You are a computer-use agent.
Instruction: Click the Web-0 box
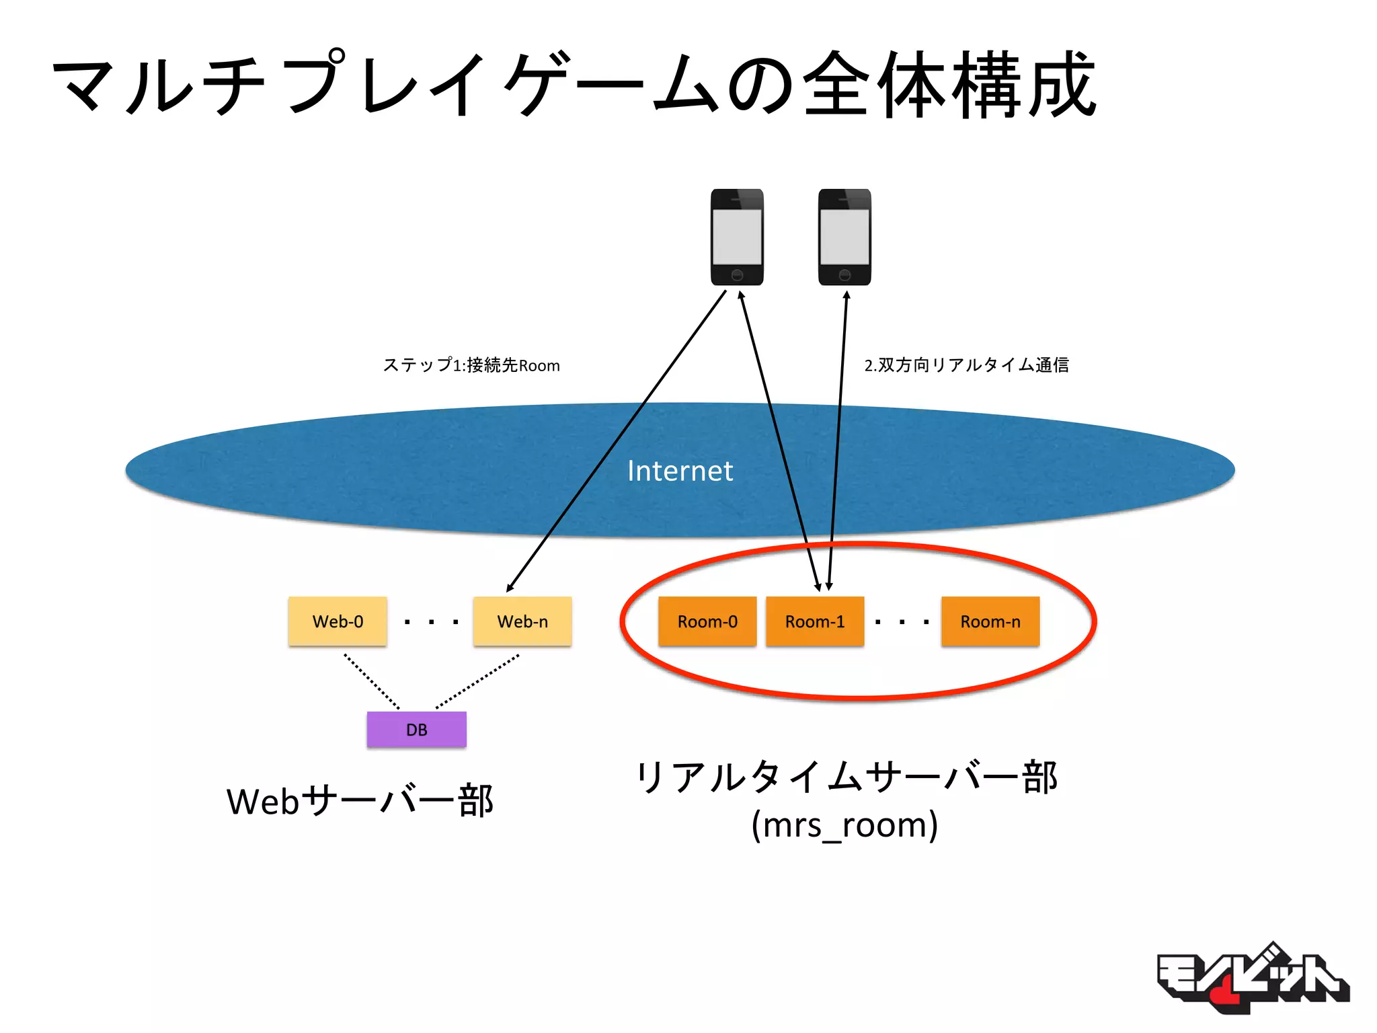click(x=338, y=621)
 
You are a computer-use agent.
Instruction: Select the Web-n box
click(x=522, y=621)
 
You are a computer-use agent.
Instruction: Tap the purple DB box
click(x=416, y=730)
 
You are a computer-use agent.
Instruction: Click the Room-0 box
click(x=707, y=621)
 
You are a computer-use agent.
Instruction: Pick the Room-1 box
click(x=815, y=621)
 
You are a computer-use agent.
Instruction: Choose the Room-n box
click(x=990, y=621)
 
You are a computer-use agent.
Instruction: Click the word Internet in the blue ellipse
click(x=680, y=471)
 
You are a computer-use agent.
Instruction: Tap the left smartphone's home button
click(x=737, y=275)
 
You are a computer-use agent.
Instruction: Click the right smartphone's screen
click(x=844, y=237)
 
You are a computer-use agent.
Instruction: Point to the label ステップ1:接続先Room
click(x=471, y=365)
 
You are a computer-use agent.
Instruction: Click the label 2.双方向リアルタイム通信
click(x=966, y=365)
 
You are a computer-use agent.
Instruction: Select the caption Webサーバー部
click(x=360, y=801)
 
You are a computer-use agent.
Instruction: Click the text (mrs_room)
click(x=844, y=825)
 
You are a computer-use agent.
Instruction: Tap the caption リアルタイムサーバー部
click(x=846, y=777)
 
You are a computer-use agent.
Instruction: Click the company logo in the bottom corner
click(x=1252, y=979)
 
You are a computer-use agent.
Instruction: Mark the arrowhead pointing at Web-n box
click(x=510, y=588)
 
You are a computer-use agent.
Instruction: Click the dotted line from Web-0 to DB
click(x=372, y=681)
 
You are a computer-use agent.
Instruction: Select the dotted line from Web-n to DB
click(x=477, y=681)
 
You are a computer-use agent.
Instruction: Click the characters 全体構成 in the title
click(x=949, y=86)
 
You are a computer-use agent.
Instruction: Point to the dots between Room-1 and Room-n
click(x=902, y=622)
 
